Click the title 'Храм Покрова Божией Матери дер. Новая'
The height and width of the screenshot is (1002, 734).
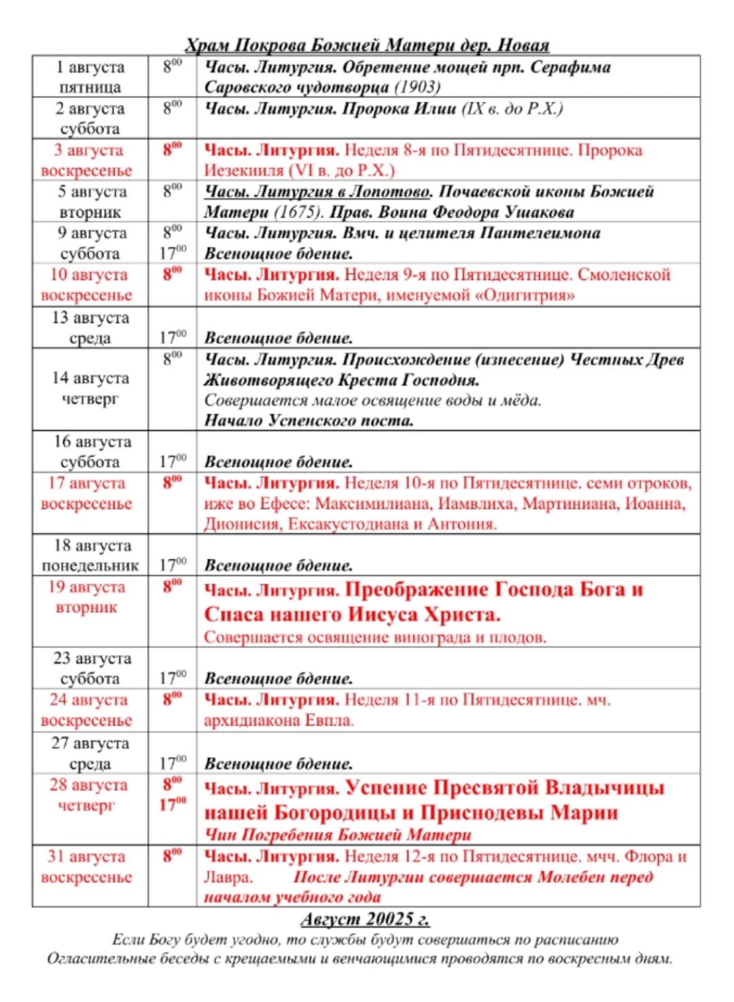367,46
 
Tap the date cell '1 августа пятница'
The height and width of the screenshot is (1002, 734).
90,77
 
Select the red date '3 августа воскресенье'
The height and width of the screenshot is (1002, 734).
87,160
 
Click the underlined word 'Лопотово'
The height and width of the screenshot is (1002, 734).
389,191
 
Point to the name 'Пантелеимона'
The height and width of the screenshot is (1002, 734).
540,233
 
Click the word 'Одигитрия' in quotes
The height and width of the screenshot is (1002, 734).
523,295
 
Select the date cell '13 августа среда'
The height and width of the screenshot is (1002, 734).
90,327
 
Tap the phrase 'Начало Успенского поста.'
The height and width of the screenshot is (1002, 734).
309,420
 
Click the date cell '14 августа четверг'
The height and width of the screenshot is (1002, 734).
90,388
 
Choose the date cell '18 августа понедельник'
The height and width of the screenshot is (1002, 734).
90,555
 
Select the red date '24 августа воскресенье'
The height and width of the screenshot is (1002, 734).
87,709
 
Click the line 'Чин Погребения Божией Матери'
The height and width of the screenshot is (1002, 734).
338,835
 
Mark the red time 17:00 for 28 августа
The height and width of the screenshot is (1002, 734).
173,805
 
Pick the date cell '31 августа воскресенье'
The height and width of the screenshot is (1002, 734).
87,867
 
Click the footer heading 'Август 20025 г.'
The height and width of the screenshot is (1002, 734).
365,919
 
